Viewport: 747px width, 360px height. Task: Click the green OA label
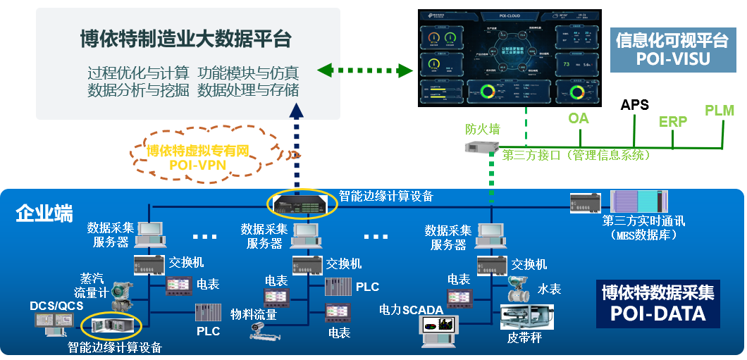pyautogui.click(x=579, y=118)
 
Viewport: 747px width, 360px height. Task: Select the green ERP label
pyautogui.click(x=673, y=121)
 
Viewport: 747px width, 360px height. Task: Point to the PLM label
pyautogui.click(x=719, y=111)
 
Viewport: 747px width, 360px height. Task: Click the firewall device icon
pyautogui.click(x=482, y=146)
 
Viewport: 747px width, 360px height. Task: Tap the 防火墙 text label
pyautogui.click(x=483, y=129)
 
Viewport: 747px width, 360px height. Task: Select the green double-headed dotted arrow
pyautogui.click(x=364, y=70)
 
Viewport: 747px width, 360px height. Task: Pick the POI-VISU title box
pyautogui.click(x=672, y=49)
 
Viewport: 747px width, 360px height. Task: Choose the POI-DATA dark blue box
pyautogui.click(x=658, y=303)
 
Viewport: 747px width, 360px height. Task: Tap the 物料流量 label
pyautogui.click(x=254, y=314)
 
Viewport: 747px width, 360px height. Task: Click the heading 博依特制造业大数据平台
pyautogui.click(x=185, y=39)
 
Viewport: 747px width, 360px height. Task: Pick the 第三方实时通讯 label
pyautogui.click(x=643, y=221)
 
